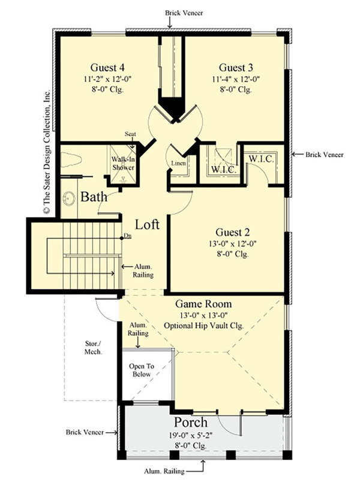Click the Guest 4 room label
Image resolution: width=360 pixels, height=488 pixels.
point(107,67)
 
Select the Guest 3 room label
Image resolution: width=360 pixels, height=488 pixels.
point(231,67)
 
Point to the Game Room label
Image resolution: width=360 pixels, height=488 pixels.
point(204,304)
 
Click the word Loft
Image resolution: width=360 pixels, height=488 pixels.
point(147,225)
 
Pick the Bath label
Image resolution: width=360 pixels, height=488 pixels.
point(94,197)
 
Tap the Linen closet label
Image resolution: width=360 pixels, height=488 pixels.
point(178,164)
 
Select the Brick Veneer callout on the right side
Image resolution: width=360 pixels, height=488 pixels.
point(324,155)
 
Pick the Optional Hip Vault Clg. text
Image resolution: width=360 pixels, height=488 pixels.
point(204,326)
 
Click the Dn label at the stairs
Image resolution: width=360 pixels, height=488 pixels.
point(127,236)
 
